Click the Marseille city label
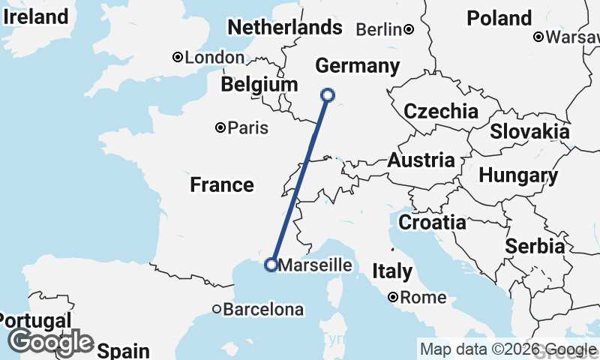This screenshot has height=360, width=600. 315,265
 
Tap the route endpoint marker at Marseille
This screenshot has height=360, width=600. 271,264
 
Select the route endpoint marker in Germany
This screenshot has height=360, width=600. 327,94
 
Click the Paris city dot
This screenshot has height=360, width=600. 220,127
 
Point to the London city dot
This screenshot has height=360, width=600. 178,57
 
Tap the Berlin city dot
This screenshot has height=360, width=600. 409,29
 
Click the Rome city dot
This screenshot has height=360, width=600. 393,298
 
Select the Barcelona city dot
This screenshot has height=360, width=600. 216,309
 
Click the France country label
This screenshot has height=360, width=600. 222,184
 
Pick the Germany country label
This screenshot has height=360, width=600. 357,66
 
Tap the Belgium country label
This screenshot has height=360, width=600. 259,85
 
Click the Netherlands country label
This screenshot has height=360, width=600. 284,28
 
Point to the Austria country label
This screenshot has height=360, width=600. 421,160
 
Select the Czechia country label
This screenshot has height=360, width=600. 441,112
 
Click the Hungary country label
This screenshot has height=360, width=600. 518,176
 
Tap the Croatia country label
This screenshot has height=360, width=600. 432,222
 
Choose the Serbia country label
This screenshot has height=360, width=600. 535,246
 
